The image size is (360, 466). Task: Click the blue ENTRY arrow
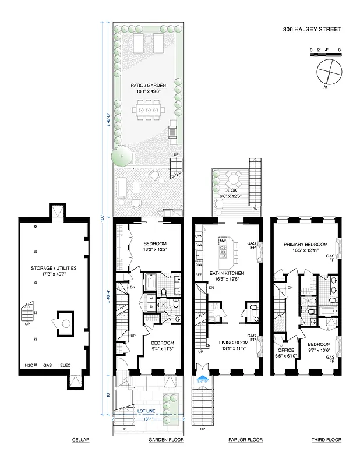(x=203, y=379)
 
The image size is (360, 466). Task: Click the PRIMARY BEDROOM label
(x=305, y=245)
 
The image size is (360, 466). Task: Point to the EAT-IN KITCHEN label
(x=227, y=273)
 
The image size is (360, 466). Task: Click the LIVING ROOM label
(x=226, y=343)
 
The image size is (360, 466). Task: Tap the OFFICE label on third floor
(x=286, y=349)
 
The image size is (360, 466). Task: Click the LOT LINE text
(x=146, y=411)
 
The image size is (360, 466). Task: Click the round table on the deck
(x=233, y=179)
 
